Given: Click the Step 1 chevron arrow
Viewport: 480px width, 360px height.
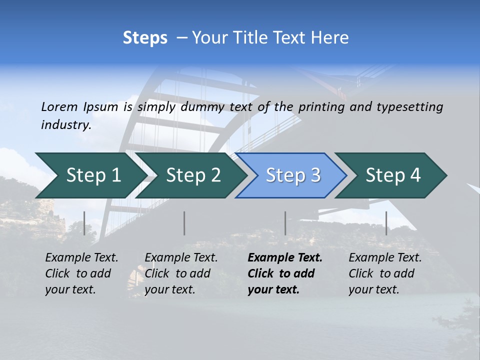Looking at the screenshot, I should (90, 175).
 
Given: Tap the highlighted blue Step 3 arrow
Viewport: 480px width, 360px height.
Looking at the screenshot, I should (292, 175).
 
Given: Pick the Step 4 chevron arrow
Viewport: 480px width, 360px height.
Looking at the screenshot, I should (392, 175).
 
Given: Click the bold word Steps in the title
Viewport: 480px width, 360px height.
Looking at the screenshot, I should (145, 38).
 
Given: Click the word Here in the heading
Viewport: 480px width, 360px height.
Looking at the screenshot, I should (329, 38).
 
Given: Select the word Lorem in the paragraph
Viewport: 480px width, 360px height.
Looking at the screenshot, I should (59, 106).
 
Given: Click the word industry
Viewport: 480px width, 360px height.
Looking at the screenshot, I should (66, 124).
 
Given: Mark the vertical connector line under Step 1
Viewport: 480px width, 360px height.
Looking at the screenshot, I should (84, 223).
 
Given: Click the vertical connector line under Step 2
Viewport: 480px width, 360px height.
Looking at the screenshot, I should (184, 223).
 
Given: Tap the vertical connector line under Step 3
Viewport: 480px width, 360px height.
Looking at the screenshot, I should (285, 223).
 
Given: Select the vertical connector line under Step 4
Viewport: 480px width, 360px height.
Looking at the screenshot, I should (386, 223).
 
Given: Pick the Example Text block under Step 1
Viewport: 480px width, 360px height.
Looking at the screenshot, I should (81, 273).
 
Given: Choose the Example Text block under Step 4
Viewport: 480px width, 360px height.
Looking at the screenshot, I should (385, 273).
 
